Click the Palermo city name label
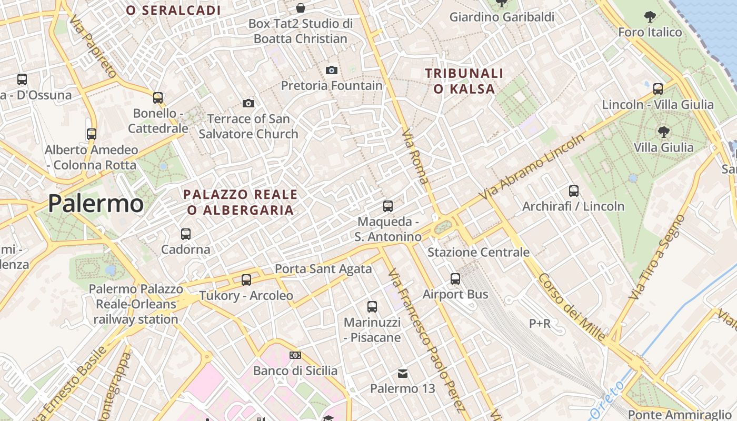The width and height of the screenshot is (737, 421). point(96,204)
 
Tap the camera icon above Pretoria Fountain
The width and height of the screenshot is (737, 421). point(332,70)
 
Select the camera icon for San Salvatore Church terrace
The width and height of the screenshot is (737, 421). point(248,103)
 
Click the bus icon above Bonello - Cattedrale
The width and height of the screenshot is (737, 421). point(158,97)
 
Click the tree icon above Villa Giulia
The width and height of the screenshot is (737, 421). point(664,132)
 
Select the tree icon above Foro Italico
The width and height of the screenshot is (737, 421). point(650,17)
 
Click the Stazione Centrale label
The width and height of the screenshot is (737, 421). point(478,252)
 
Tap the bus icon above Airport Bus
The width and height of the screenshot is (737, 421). point(455,279)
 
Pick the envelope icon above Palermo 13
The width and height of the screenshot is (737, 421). point(403,373)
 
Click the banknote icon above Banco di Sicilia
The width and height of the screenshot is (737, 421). point(295,355)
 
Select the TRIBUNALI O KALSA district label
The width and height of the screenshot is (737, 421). point(464,81)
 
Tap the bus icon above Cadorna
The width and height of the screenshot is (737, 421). point(186,234)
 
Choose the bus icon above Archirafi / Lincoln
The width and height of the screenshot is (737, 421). point(574,191)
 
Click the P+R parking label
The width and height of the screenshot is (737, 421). point(540,323)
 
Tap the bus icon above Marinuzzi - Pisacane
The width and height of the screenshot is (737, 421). point(372,306)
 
